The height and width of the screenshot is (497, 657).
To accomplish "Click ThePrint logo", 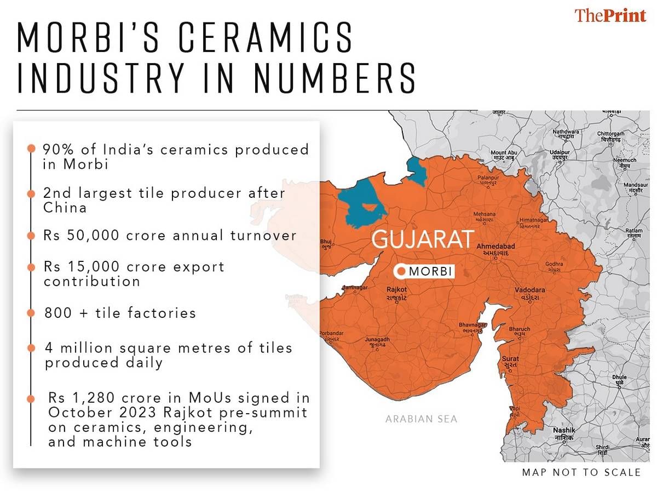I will click(610, 15).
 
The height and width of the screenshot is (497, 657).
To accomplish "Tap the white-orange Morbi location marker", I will click(402, 271).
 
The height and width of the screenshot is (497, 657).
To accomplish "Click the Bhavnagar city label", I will click(472, 328).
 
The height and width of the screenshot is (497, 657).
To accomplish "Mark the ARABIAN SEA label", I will click(421, 419).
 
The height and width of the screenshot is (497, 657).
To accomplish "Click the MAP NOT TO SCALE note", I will click(581, 472).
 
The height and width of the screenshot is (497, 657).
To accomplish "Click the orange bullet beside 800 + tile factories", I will click(32, 313).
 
